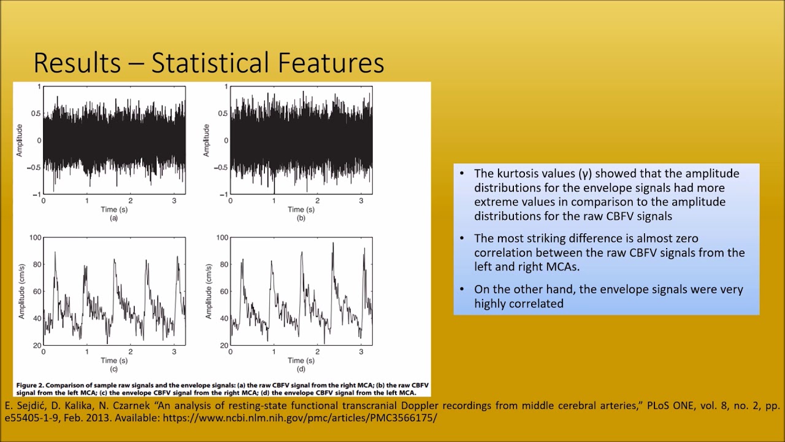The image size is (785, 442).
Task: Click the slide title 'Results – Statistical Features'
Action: point(209,63)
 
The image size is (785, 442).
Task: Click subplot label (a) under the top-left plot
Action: point(113,218)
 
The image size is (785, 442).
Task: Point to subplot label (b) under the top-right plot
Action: point(301,218)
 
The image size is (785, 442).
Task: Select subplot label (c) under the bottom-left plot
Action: point(113,369)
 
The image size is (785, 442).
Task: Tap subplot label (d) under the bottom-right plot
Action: point(301,369)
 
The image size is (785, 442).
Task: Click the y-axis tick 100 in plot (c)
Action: point(35,238)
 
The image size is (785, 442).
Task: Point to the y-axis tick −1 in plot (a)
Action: point(36,195)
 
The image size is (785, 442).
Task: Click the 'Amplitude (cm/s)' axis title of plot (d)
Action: point(208,291)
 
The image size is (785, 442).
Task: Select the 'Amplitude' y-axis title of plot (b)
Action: point(207,141)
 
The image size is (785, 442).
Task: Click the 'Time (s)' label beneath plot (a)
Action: point(113,209)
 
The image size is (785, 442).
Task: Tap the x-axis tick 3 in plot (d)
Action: point(361,352)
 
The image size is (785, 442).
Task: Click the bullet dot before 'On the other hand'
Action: point(462,289)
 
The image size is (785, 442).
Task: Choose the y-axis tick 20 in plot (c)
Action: point(36,346)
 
